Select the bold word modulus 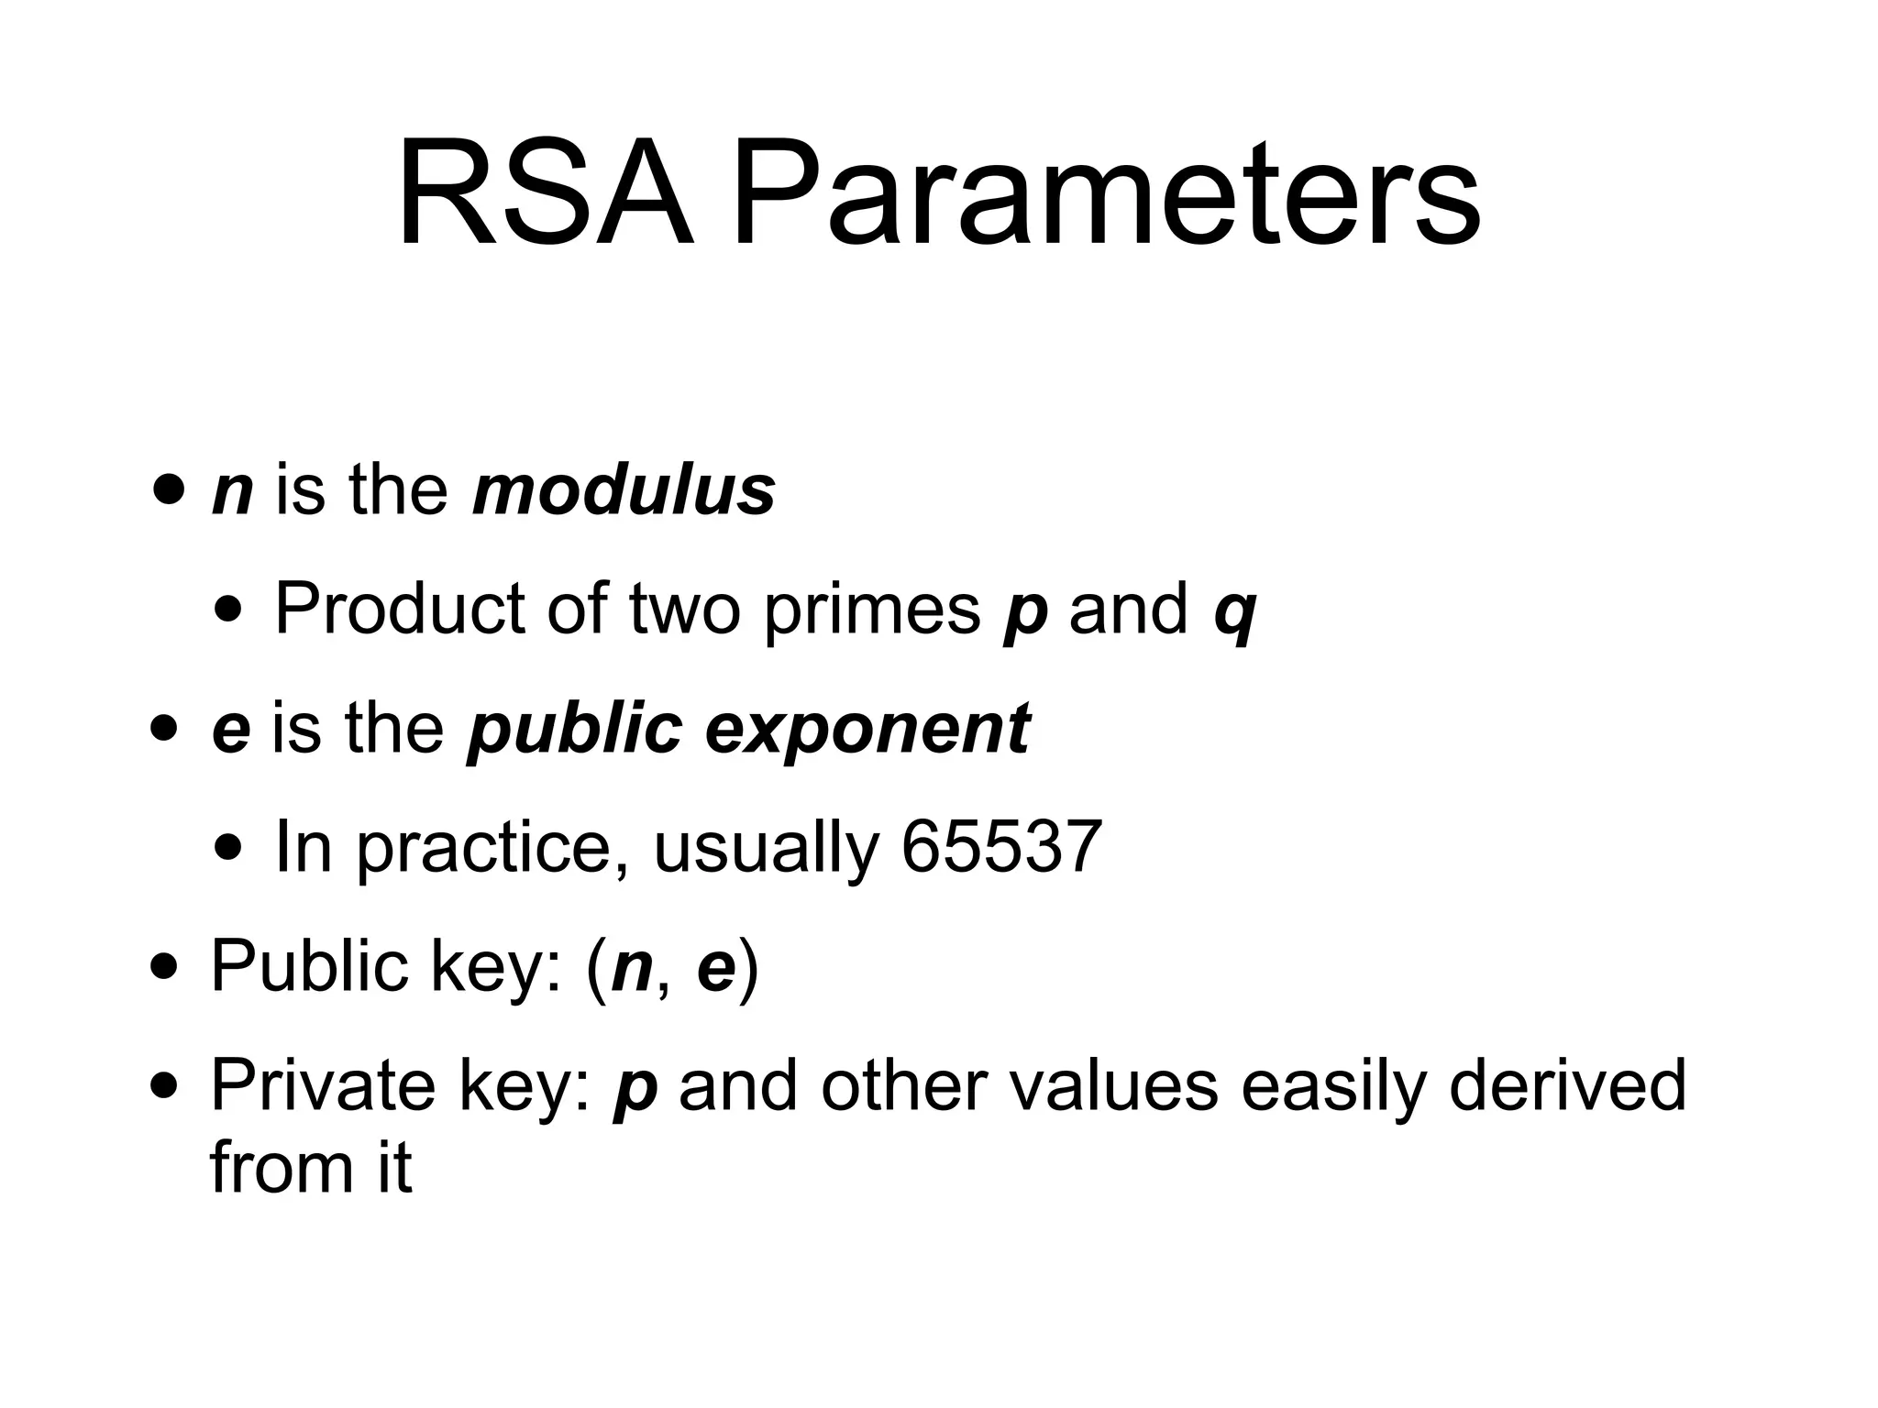pyautogui.click(x=624, y=489)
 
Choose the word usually pyautogui.click(x=767, y=849)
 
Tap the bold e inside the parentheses pyautogui.click(x=716, y=970)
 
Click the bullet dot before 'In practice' pyautogui.click(x=228, y=847)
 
